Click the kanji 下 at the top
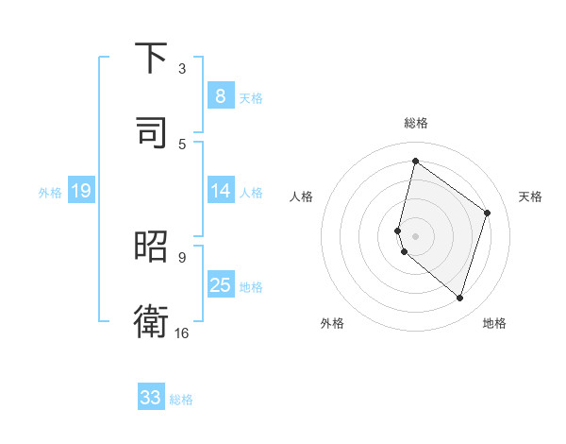[x=152, y=60]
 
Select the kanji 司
[x=152, y=131]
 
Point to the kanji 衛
[x=152, y=319]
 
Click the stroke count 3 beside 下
[x=182, y=69]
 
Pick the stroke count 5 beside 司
[x=182, y=144]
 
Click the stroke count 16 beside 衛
[x=182, y=333]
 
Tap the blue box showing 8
[x=221, y=96]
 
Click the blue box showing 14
[x=221, y=191]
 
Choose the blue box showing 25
[x=221, y=285]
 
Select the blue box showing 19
[x=81, y=191]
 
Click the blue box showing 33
[x=151, y=398]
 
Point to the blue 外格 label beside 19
[x=50, y=192]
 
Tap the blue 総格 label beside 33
[x=181, y=399]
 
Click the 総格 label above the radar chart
[x=416, y=123]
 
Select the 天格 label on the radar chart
[x=530, y=196]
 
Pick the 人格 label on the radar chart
[x=302, y=196]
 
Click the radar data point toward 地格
[x=459, y=299]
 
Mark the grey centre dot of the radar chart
[x=416, y=235]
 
